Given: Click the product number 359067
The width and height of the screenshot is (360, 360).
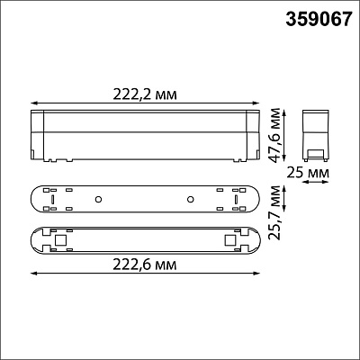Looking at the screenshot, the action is click(318, 20).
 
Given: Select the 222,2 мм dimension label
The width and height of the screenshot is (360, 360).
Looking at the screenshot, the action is click(145, 94).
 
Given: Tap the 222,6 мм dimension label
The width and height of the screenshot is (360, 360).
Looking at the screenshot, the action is click(145, 265).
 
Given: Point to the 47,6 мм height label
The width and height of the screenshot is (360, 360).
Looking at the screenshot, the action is click(274, 135).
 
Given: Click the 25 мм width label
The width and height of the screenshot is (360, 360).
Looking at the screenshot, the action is click(308, 173).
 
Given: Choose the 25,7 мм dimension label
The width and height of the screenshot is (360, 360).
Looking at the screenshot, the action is click(274, 212).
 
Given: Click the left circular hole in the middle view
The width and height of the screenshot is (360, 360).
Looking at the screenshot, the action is click(98, 199).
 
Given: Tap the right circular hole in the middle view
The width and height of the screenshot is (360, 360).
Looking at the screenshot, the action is click(190, 199).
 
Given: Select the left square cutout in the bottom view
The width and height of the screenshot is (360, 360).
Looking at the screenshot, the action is click(61, 239).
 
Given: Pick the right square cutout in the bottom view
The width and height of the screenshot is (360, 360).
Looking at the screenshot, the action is click(230, 239).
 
